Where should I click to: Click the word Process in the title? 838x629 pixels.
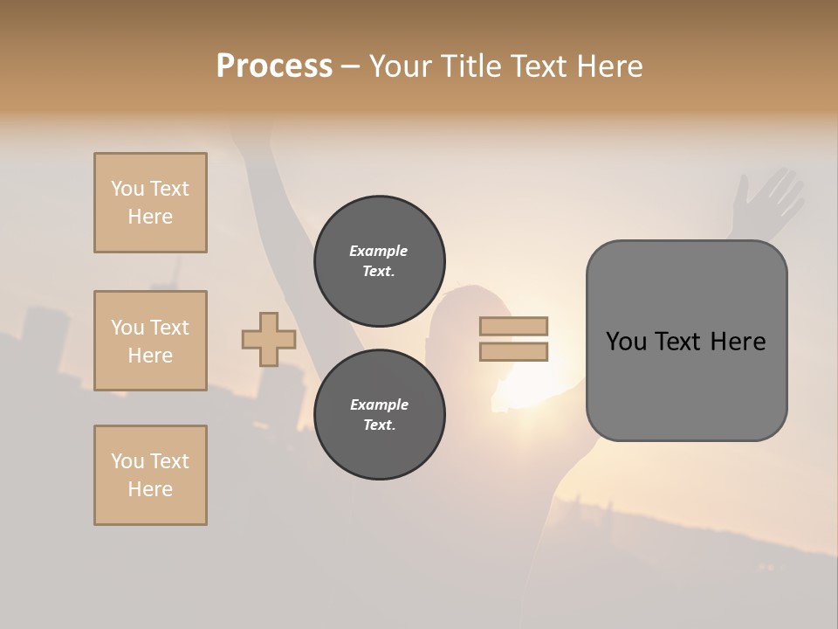coord(274,66)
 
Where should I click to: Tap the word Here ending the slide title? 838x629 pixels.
coord(608,66)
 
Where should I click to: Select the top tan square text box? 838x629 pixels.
coord(150,203)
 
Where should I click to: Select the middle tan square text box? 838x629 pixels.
coord(150,341)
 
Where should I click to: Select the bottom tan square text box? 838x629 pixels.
coord(150,474)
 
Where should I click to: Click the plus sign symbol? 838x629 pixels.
coord(269,339)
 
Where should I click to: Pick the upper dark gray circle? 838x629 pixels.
coord(380,260)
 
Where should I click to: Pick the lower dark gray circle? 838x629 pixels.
coord(380,414)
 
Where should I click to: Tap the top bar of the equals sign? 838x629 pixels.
coord(513,326)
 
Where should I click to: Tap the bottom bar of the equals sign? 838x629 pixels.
coord(513,351)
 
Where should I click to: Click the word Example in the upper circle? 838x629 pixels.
coord(379,251)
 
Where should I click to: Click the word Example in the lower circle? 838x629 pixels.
coord(379,404)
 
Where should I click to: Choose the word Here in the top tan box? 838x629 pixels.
coord(150,217)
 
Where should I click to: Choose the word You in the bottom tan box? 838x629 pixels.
coord(127,460)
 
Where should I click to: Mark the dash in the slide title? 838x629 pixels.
coord(350,66)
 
